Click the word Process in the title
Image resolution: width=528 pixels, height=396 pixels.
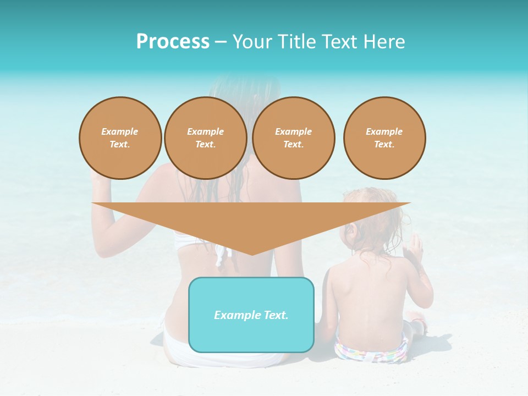click(173, 42)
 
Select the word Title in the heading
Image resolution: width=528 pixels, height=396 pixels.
click(299, 42)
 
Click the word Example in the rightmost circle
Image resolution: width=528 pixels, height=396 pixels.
click(384, 131)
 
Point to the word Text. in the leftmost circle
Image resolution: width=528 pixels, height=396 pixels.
click(120, 144)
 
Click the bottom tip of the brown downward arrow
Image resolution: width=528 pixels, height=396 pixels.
click(252, 254)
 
